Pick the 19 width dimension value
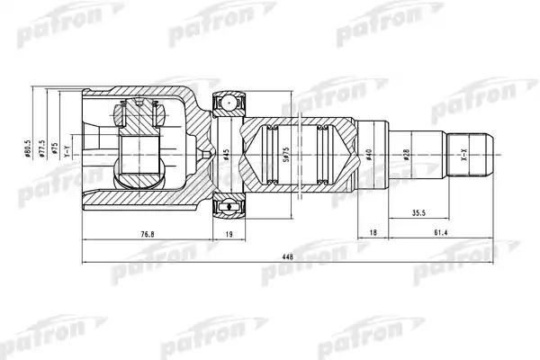[x=228, y=235]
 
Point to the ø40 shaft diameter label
[x=370, y=155]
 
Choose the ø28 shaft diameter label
[x=407, y=155]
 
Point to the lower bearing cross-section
[x=228, y=208]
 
